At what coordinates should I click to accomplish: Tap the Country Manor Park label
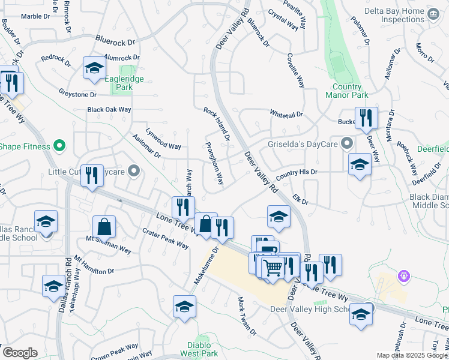coord(347,90)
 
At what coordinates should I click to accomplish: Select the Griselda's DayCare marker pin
coord(346,143)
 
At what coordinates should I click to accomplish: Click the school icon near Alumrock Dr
coord(94,70)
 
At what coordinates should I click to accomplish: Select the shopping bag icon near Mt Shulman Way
coord(104,227)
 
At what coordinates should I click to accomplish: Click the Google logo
coord(20,352)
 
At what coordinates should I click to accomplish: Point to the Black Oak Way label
coord(109,110)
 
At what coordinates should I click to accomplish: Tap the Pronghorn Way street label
coord(214,163)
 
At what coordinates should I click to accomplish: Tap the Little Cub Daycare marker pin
coord(134,172)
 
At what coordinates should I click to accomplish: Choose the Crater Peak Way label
coord(166,239)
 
